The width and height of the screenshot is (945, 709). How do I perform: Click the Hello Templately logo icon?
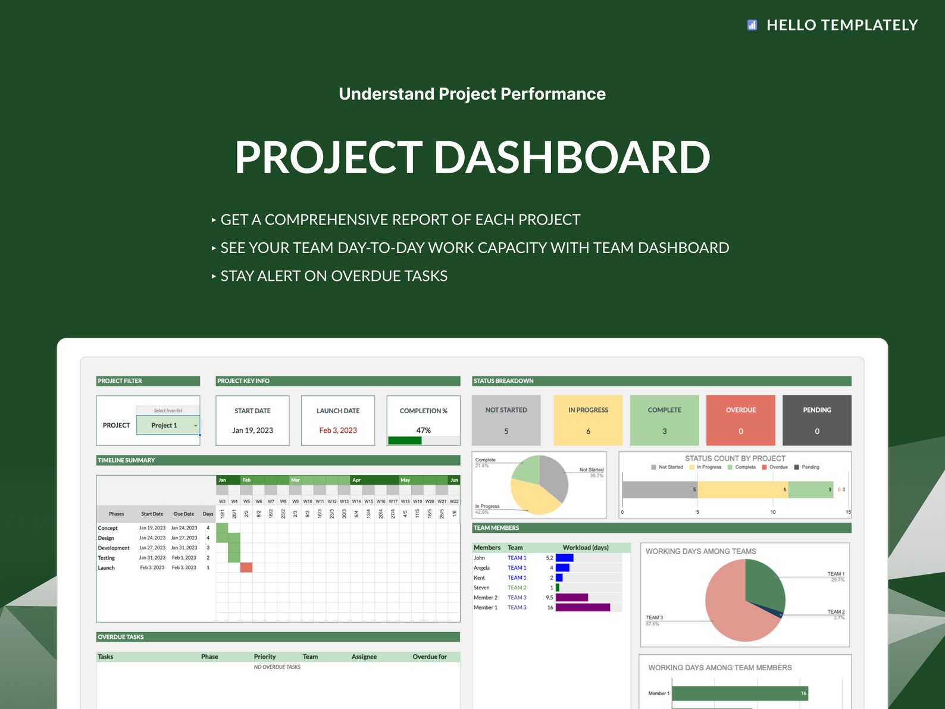(x=752, y=25)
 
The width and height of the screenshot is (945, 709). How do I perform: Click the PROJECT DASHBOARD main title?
(x=472, y=157)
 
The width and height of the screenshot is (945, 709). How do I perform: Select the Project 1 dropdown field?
(x=168, y=425)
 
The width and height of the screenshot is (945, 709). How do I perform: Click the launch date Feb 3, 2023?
(x=338, y=430)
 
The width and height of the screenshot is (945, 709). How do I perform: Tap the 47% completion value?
(x=423, y=430)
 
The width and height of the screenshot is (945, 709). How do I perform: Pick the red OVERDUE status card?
(x=740, y=420)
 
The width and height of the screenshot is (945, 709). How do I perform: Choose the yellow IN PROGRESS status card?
(x=588, y=420)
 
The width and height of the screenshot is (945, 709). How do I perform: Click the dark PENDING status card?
(x=816, y=420)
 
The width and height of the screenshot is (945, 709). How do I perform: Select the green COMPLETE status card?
(x=664, y=420)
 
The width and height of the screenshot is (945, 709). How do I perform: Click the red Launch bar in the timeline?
(x=246, y=567)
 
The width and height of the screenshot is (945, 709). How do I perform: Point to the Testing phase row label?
(x=107, y=558)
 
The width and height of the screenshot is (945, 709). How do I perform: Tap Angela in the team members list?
(x=481, y=568)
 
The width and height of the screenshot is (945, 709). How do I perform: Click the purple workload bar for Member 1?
(x=583, y=607)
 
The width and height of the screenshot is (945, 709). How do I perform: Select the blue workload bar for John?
(x=564, y=558)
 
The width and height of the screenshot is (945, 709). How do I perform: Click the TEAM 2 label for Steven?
(x=517, y=588)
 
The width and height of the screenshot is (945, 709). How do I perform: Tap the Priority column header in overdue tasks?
(x=265, y=657)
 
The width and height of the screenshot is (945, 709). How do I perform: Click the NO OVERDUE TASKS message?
(x=277, y=667)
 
